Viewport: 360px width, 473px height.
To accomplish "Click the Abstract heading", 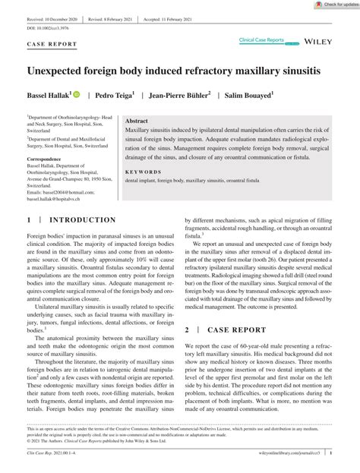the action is coord(137,121).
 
